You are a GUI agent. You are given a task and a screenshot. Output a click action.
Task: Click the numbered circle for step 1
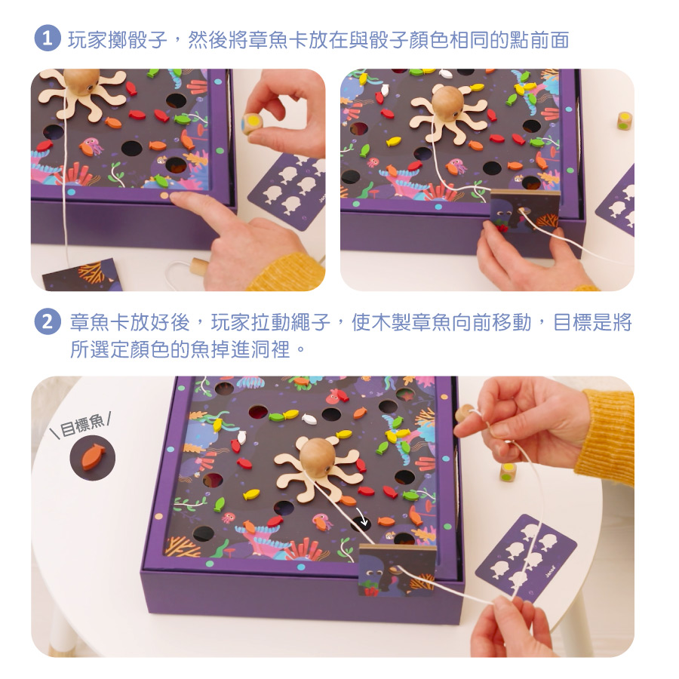pyautogui.click(x=48, y=39)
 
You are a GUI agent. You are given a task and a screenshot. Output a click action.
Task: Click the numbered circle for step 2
pyautogui.click(x=48, y=321)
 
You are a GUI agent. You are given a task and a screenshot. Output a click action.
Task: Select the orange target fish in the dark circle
pyautogui.click(x=93, y=457)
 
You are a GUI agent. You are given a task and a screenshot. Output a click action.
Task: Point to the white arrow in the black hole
pyautogui.click(x=364, y=520)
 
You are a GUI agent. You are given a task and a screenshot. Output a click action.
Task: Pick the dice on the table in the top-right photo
pyautogui.click(x=625, y=121)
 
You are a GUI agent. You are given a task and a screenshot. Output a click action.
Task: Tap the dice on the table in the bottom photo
pyautogui.click(x=508, y=472)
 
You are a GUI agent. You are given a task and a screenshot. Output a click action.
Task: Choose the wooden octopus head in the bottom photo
pyautogui.click(x=319, y=457)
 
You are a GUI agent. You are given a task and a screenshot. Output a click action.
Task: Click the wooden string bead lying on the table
pyautogui.click(x=200, y=266)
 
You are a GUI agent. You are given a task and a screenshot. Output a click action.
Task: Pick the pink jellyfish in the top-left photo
pyautogui.click(x=92, y=146)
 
